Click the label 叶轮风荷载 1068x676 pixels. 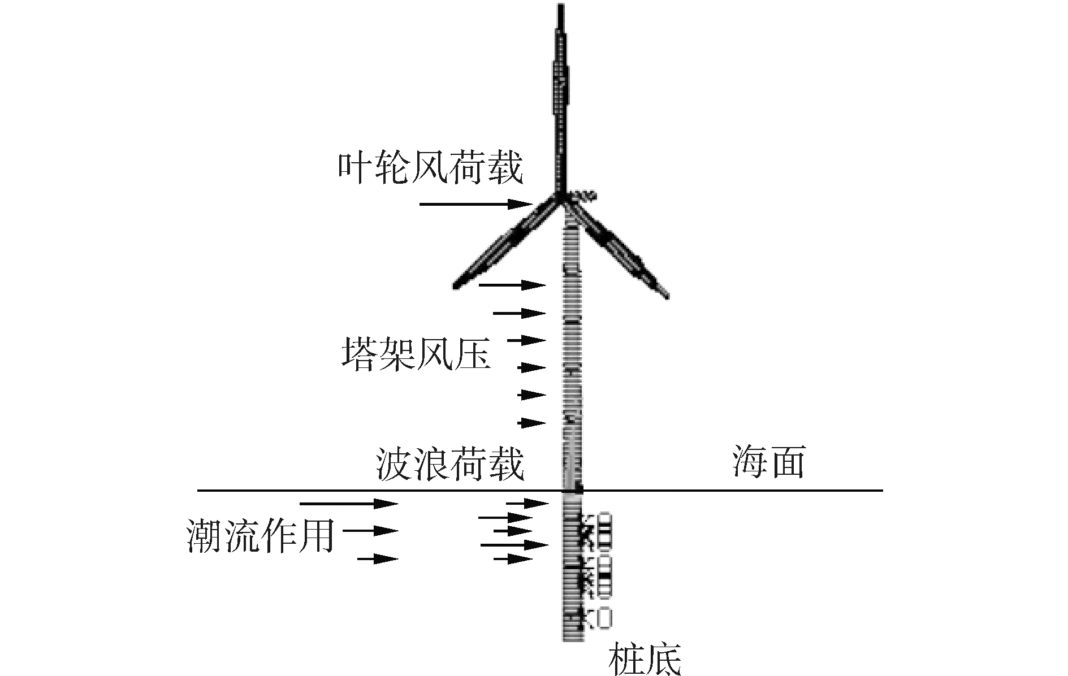[x=431, y=167]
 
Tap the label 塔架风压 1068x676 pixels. [x=416, y=354]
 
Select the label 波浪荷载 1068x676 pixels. [x=449, y=465]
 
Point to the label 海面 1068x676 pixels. [x=768, y=462]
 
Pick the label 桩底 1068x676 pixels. [x=645, y=658]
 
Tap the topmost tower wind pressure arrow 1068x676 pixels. [x=512, y=285]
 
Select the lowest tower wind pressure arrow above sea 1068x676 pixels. [x=531, y=423]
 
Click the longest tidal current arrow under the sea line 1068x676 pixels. [x=348, y=503]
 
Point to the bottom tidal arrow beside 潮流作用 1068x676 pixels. [x=377, y=559]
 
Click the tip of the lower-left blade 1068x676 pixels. [x=456, y=285]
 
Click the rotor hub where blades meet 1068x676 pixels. [x=563, y=199]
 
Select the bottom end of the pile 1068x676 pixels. [x=572, y=639]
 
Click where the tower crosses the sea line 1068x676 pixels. [x=572, y=490]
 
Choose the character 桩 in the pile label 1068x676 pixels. [x=626, y=658]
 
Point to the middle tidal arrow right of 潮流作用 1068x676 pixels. [x=370, y=531]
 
